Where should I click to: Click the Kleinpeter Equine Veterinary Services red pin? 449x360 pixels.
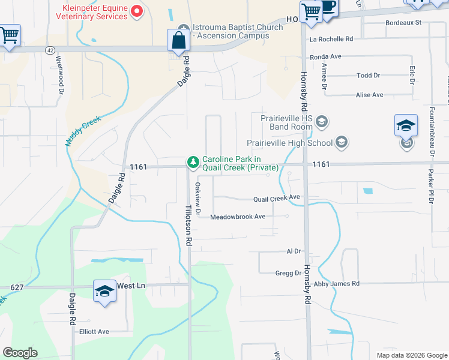(137, 10)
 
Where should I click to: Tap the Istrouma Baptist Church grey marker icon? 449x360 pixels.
(184, 28)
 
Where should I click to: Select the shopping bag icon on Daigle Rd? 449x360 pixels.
(179, 41)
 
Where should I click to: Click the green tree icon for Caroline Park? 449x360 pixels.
(193, 162)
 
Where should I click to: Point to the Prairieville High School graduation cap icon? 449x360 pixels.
(342, 142)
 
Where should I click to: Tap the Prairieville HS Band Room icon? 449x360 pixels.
(322, 122)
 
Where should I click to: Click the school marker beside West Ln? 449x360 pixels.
(105, 292)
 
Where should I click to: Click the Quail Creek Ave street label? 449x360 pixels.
(276, 197)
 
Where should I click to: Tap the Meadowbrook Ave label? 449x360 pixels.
(237, 216)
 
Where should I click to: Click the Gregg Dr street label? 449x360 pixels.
(288, 273)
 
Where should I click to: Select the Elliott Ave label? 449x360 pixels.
(94, 331)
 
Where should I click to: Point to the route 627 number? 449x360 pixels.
(16, 287)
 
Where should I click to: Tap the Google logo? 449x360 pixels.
(20, 353)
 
